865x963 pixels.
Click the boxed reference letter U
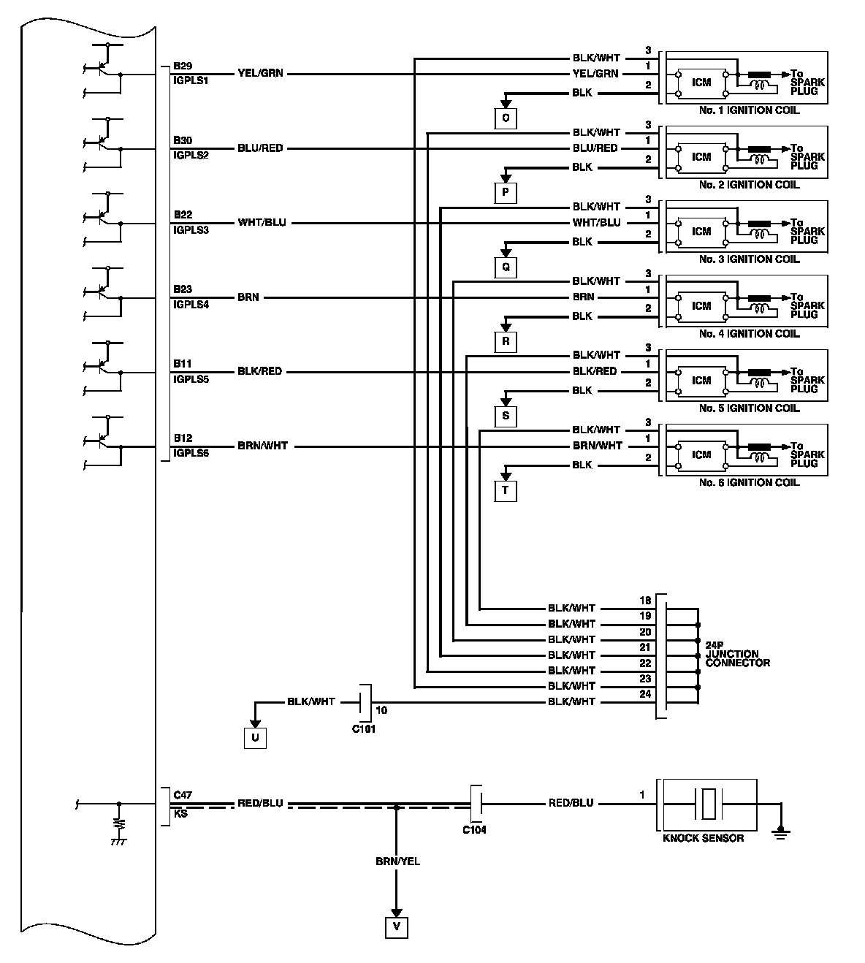[x=255, y=738]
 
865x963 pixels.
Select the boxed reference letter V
[x=397, y=927]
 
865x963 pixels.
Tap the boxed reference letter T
[x=505, y=490]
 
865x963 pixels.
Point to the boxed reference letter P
[x=505, y=192]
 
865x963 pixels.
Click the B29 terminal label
[x=183, y=66]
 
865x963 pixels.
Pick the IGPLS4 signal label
[x=191, y=305]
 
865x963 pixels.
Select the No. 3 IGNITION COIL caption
[x=749, y=259]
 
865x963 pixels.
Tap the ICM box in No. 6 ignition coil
[x=701, y=454]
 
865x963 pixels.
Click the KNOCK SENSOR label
[x=703, y=838]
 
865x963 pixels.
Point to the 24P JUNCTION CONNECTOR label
[x=737, y=654]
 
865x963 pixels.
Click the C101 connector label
[x=363, y=728]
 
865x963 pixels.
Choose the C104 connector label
[x=474, y=829]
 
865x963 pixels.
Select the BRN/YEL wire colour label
[x=397, y=861]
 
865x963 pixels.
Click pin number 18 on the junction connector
[x=645, y=601]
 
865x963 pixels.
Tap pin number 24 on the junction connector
[x=645, y=694]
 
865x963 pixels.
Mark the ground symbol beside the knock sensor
[x=781, y=831]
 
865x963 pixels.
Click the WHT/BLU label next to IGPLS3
[x=262, y=222]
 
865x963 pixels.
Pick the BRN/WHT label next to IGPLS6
[x=262, y=446]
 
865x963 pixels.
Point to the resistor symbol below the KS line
[x=118, y=824]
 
